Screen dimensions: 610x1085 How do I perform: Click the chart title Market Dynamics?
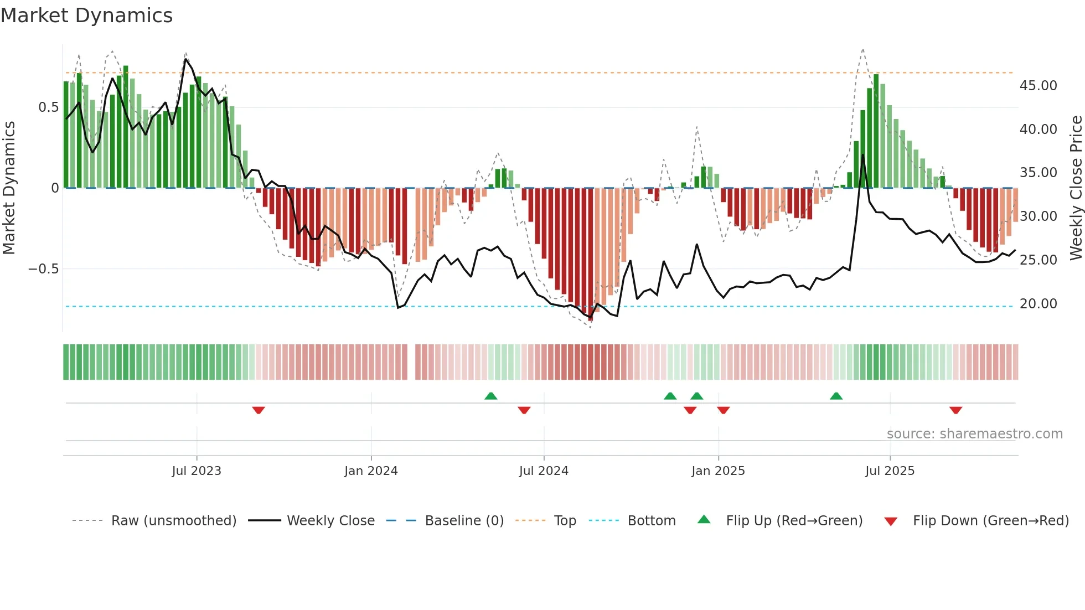pyautogui.click(x=86, y=15)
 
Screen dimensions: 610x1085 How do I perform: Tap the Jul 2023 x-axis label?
pyautogui.click(x=197, y=471)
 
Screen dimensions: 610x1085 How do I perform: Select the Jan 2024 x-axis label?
pyautogui.click(x=371, y=471)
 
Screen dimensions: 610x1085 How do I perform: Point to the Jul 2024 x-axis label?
pyautogui.click(x=544, y=471)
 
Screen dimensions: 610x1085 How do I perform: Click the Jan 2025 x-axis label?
pyautogui.click(x=718, y=471)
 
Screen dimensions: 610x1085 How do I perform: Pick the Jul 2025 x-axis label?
pyautogui.click(x=890, y=471)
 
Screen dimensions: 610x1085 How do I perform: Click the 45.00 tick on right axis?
pyautogui.click(x=1038, y=86)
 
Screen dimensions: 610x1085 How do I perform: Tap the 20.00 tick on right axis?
pyautogui.click(x=1038, y=304)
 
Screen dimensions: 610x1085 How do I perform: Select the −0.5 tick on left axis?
pyautogui.click(x=43, y=269)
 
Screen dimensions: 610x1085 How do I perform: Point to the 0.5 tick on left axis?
pyautogui.click(x=48, y=107)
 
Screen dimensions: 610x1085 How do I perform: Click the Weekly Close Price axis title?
pyautogui.click(x=1076, y=188)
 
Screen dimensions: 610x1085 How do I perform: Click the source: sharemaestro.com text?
pyautogui.click(x=974, y=434)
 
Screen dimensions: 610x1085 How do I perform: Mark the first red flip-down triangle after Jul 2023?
pyautogui.click(x=259, y=410)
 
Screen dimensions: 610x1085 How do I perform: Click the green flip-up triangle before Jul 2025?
pyautogui.click(x=836, y=396)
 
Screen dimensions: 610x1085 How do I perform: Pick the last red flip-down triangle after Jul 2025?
pyautogui.click(x=955, y=410)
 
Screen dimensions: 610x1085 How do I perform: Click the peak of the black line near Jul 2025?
pyautogui.click(x=862, y=155)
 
